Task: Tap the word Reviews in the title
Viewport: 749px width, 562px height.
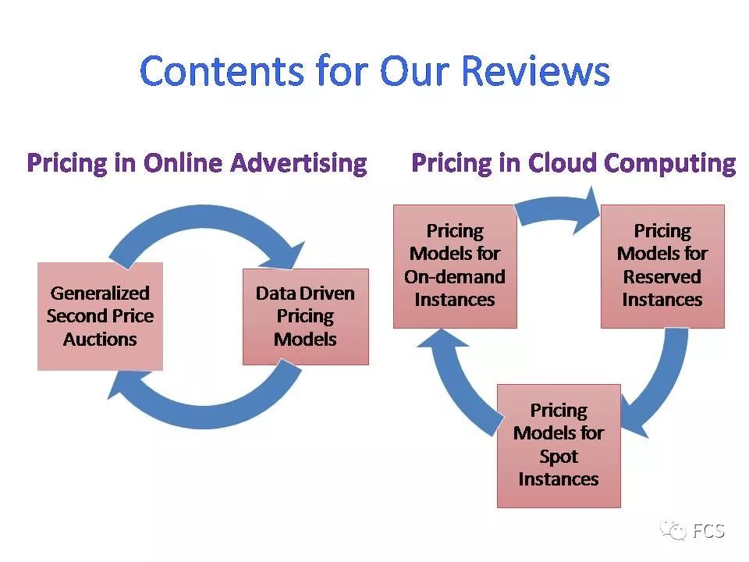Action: pos(535,71)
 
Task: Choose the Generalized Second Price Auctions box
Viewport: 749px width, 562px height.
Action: pos(100,316)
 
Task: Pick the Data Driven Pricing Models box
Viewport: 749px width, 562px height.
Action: pos(305,316)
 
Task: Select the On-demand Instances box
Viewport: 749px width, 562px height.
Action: pos(455,265)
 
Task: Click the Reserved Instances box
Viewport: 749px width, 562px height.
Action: pos(662,265)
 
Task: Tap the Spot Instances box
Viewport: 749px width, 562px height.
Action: pos(559,445)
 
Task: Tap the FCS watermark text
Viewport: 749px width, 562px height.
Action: pos(708,532)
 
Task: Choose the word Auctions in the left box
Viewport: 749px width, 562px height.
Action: pos(100,340)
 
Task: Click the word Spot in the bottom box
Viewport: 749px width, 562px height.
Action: pos(559,456)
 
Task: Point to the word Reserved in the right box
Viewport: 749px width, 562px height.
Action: pos(662,277)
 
